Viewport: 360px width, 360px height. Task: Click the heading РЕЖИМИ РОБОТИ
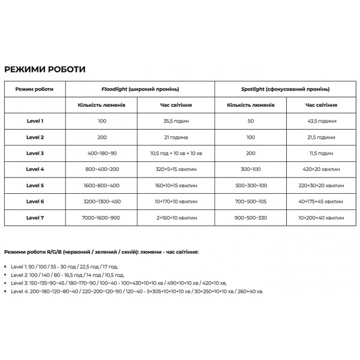(x=44, y=69)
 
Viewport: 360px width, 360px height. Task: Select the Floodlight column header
(x=139, y=89)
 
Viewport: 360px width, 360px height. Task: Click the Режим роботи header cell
(x=34, y=89)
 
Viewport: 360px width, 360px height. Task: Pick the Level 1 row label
(x=35, y=121)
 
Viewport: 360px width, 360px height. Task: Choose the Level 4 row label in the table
(x=35, y=169)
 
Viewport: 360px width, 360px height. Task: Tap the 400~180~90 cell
(x=102, y=153)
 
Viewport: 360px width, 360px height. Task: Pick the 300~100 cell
(x=251, y=169)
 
